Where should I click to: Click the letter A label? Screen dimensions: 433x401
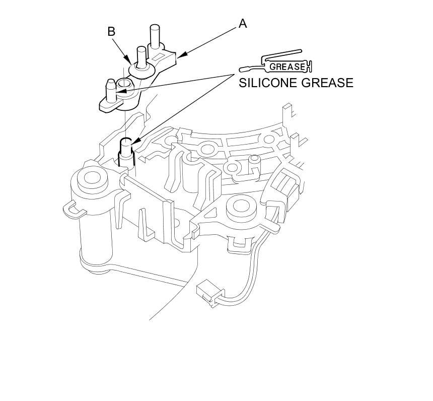[x=243, y=23]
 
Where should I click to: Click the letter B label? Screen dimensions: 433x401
[x=111, y=31]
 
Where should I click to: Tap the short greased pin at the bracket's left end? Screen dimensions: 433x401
[x=111, y=89]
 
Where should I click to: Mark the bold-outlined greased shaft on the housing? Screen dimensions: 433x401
[x=126, y=151]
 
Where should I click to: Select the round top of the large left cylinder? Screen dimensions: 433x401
[x=91, y=177]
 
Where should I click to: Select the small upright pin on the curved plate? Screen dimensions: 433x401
[x=254, y=161]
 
